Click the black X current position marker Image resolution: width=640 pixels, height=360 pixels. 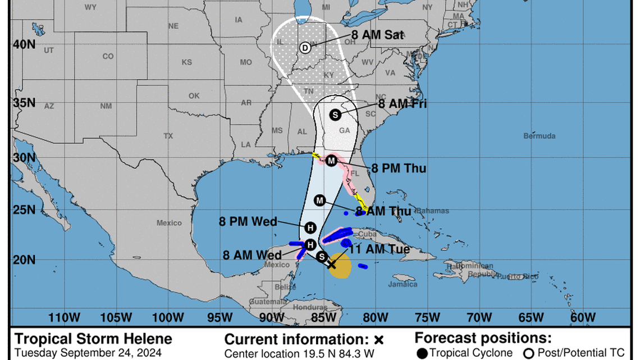(331, 264)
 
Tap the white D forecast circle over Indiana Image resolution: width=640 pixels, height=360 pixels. (305, 48)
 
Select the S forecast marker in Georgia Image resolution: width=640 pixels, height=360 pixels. (335, 115)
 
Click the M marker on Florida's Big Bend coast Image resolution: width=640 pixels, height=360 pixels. (331, 161)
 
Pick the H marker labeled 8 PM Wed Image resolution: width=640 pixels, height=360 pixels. (310, 227)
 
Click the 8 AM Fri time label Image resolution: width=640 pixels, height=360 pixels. (402, 104)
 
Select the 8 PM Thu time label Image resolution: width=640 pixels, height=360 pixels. (399, 168)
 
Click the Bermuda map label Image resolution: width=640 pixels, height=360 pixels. (539, 136)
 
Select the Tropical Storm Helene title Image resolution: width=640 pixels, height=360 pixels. (93, 339)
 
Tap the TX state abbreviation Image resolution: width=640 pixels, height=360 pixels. (168, 136)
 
